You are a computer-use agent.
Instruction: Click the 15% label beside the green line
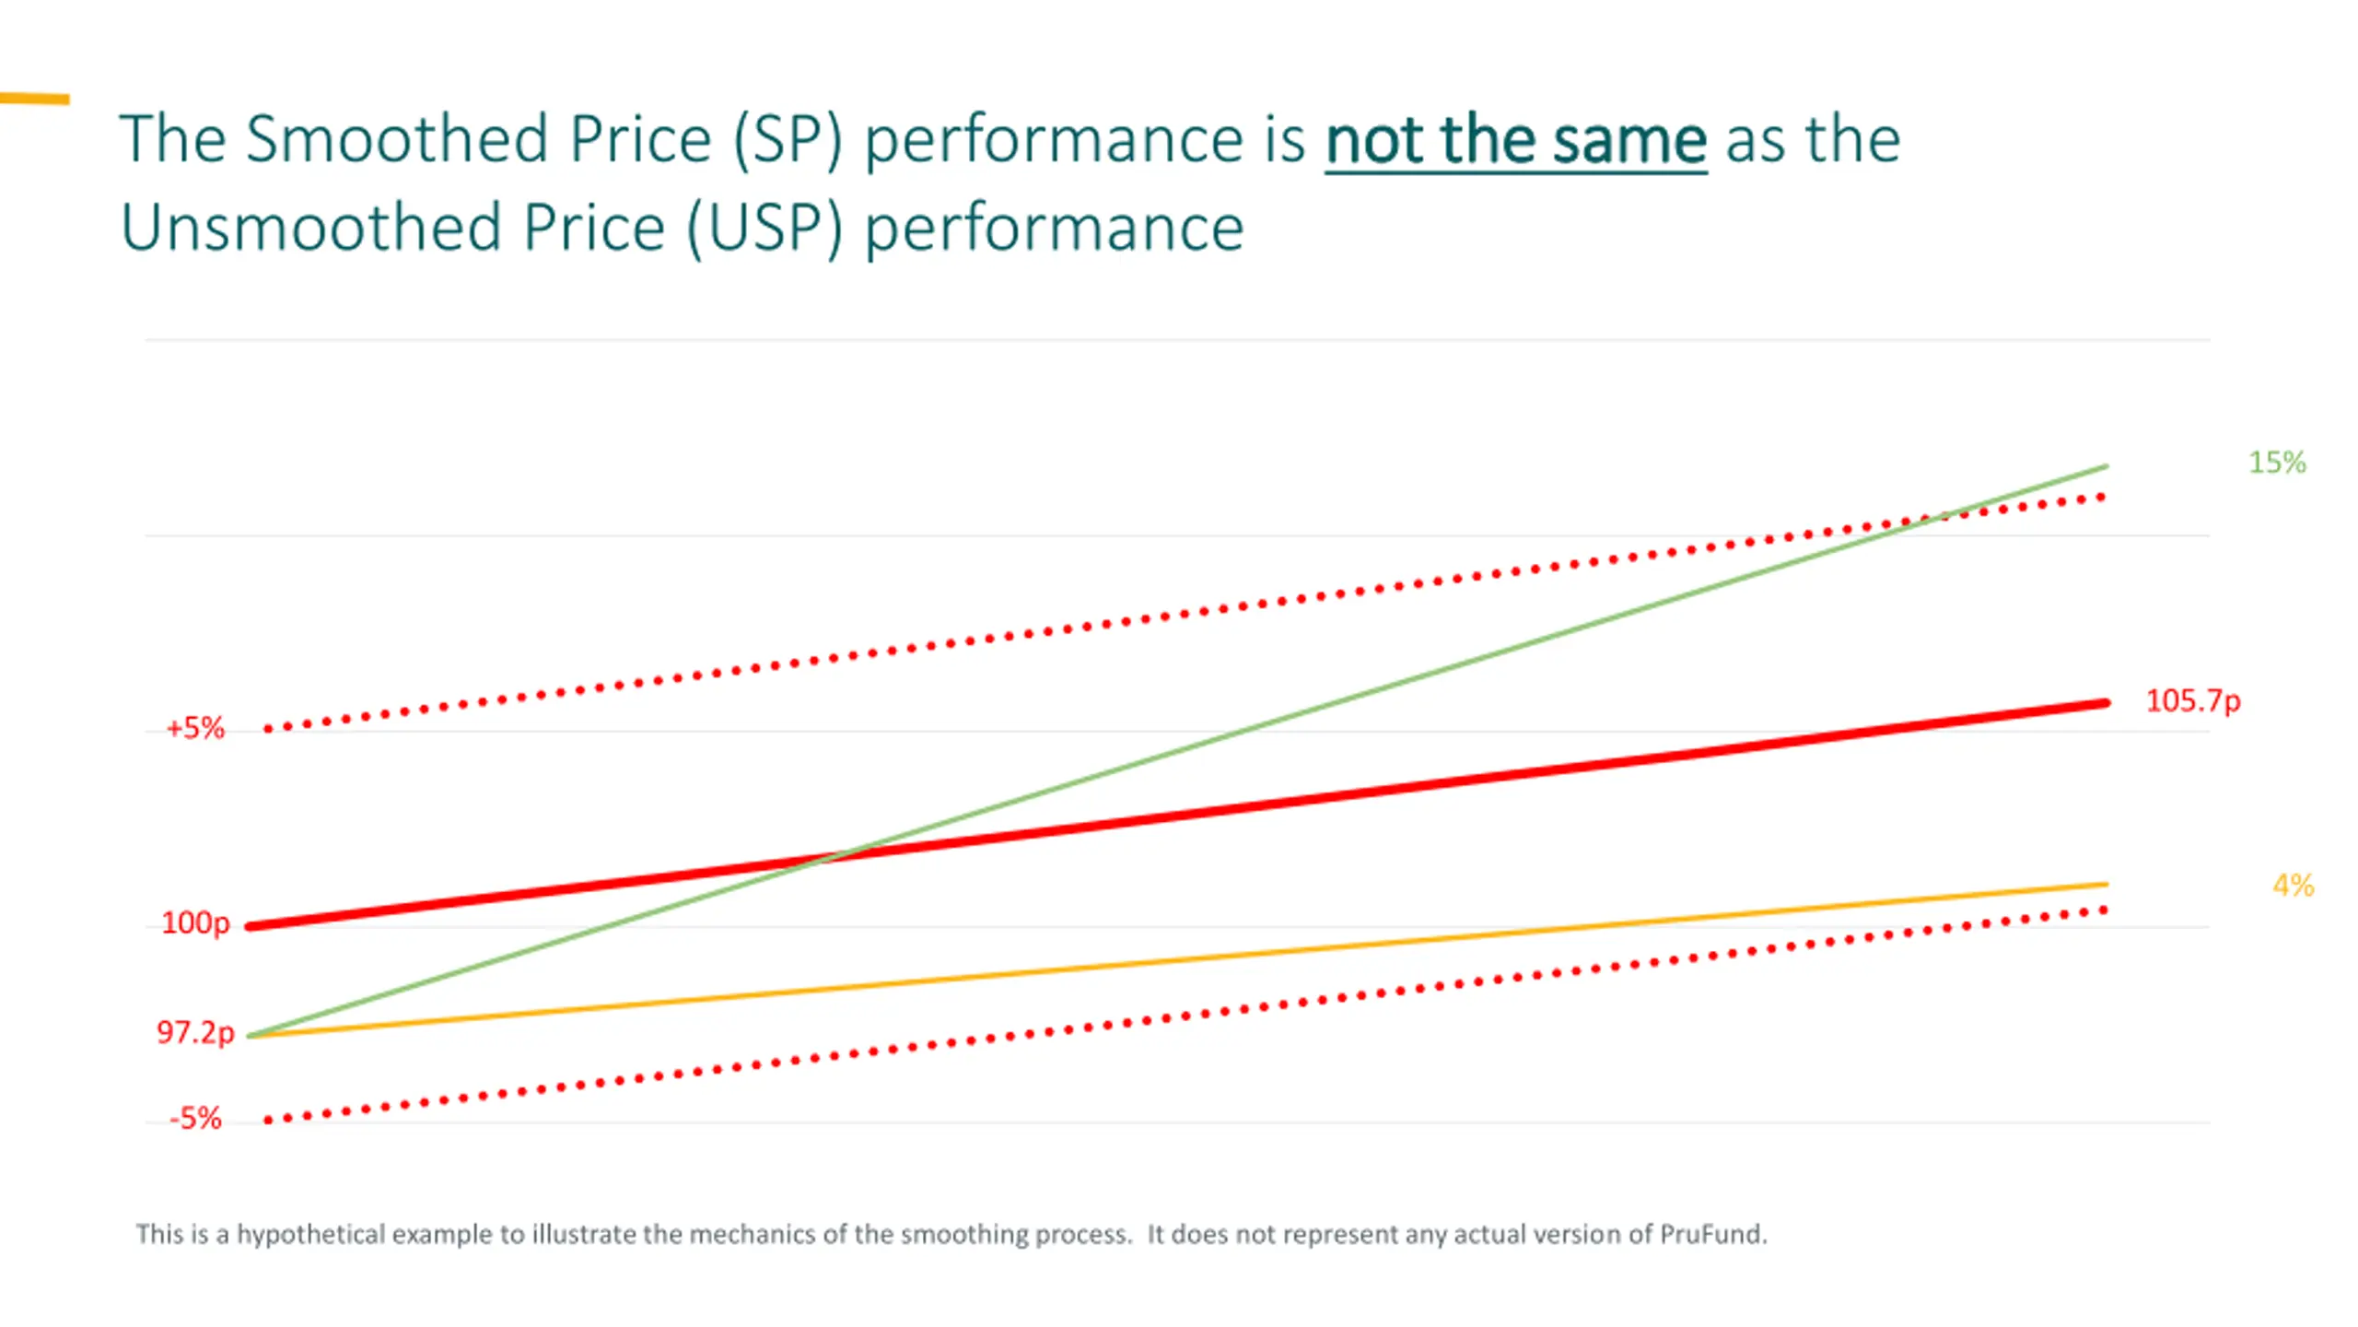[2277, 463]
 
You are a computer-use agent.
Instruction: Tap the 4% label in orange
[2293, 886]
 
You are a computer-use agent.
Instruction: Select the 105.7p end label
[2192, 701]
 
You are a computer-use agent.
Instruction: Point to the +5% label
[195, 729]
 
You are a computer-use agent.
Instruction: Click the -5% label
[195, 1119]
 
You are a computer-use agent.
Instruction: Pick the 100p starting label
[195, 922]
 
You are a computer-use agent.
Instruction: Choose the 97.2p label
[195, 1032]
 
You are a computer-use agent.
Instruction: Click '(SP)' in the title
[788, 141]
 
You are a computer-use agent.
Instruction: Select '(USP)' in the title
[765, 229]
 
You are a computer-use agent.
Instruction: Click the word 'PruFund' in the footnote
[1711, 1234]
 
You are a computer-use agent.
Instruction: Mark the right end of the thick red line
[2105, 704]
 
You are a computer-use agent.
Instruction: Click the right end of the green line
[2106, 467]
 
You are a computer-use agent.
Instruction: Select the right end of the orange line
[2106, 885]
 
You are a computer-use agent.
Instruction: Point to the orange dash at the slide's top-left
[35, 99]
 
